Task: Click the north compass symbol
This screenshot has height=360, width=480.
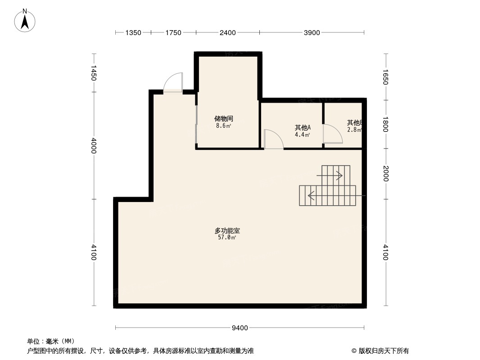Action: pos(25,20)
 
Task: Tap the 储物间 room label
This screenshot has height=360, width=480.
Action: pos(223,119)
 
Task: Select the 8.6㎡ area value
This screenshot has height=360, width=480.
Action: pos(223,126)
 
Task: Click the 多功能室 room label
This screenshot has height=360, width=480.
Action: pos(227,231)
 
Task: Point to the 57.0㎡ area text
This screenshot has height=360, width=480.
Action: pos(227,238)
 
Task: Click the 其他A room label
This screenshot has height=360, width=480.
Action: pos(303,128)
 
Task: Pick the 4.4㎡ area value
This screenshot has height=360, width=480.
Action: pos(303,135)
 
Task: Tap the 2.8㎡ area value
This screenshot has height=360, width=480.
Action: pos(354,130)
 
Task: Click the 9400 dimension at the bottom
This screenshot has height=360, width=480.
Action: pos(240,328)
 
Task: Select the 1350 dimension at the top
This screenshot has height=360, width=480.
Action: pos(133,32)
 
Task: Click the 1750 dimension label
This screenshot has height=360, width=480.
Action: pos(173,32)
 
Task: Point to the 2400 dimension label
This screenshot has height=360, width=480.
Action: pos(228,32)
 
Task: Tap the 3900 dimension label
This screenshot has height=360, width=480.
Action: pos(312,32)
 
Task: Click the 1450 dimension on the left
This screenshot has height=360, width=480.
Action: pos(94,73)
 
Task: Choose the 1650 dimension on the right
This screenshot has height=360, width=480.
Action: pos(385,76)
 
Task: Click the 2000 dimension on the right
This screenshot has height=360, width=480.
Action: pos(385,173)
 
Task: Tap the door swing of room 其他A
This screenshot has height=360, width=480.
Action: pos(273,139)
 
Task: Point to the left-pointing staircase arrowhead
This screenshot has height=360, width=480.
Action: pos(310,196)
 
